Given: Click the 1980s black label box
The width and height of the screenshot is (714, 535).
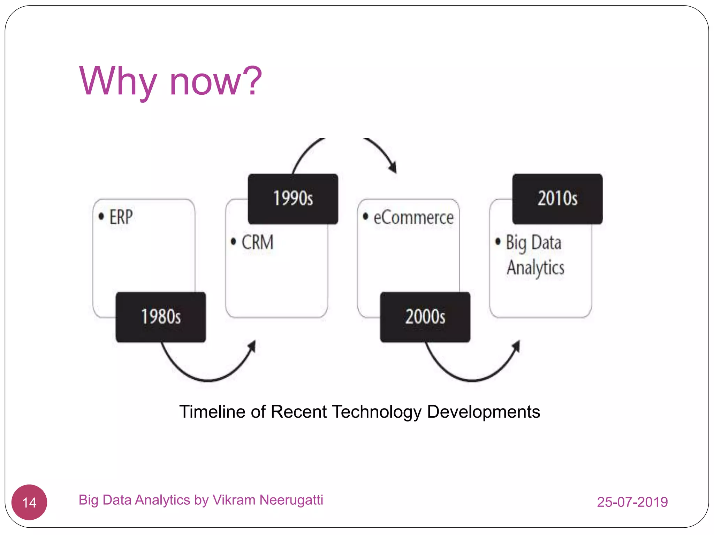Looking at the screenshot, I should (161, 317).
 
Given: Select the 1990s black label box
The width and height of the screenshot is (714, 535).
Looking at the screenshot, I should (293, 199).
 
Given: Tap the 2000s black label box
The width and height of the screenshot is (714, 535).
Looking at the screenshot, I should (425, 317).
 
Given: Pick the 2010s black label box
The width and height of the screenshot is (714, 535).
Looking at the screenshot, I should (557, 199).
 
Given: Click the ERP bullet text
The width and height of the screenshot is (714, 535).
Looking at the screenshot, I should (121, 217).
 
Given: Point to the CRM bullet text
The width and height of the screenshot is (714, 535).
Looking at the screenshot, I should (257, 242).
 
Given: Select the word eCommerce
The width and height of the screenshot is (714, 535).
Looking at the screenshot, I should (413, 218).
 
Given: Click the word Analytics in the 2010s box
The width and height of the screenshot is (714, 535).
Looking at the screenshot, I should (535, 267).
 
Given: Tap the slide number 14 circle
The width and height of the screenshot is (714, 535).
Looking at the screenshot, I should (29, 502).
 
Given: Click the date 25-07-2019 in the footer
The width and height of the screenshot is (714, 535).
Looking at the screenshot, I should (632, 502).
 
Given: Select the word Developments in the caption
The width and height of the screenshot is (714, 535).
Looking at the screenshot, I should (483, 412).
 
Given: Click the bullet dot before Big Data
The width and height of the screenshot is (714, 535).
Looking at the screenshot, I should (498, 241).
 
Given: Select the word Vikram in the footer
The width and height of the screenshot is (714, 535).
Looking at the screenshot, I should (234, 500).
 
